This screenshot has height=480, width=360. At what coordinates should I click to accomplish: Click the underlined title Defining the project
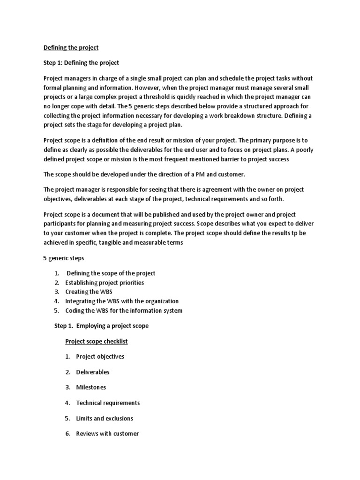[71, 47]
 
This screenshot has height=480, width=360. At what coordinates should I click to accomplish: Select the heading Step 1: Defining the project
[81, 63]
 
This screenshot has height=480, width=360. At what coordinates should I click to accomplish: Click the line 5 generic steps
[64, 258]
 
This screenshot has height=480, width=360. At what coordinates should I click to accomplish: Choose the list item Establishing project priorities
[105, 283]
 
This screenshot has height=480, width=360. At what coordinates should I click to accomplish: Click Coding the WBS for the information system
[124, 310]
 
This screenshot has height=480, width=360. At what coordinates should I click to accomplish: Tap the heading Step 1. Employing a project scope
[101, 326]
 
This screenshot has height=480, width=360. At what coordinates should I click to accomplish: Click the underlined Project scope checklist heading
[96, 341]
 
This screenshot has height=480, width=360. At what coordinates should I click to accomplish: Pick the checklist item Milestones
[91, 387]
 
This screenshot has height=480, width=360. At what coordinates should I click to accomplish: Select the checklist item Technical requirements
[108, 403]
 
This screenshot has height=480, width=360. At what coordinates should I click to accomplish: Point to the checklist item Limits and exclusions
[105, 418]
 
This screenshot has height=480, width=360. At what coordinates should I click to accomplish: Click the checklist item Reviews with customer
[107, 434]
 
